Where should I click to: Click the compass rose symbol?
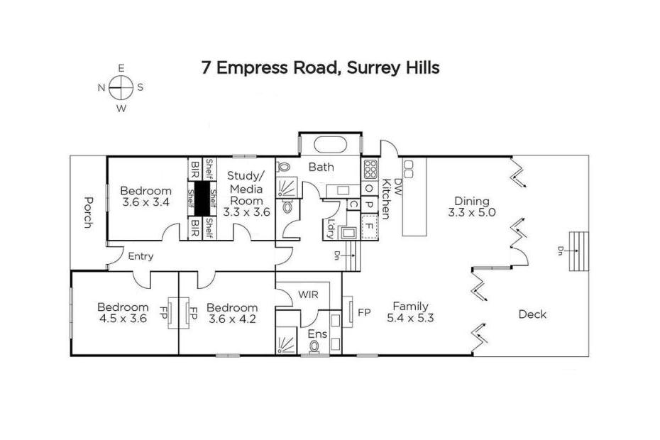(121, 88)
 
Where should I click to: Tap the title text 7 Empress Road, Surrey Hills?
(321, 68)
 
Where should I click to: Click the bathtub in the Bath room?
(331, 145)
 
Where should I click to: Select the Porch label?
(88, 212)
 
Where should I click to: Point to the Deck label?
(532, 314)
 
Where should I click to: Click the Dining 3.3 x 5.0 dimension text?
(471, 212)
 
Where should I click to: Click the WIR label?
(308, 295)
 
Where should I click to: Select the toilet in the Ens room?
(314, 346)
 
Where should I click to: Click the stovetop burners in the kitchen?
(370, 170)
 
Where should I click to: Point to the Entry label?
(141, 256)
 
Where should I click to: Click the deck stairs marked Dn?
(579, 251)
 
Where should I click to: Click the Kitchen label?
(385, 199)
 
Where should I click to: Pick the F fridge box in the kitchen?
(370, 226)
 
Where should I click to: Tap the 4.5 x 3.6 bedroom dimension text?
(123, 319)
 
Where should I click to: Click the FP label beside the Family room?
(364, 313)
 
